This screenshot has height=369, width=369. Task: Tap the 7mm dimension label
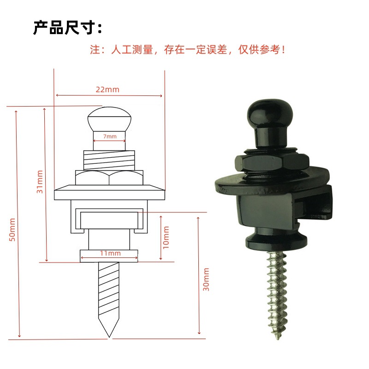pyautogui.click(x=109, y=137)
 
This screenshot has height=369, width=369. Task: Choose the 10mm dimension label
pyautogui.click(x=166, y=237)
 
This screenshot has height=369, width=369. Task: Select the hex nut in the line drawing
pyautogui.click(x=109, y=178)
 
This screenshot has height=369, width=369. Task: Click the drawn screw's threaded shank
pyautogui.click(x=109, y=291)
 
